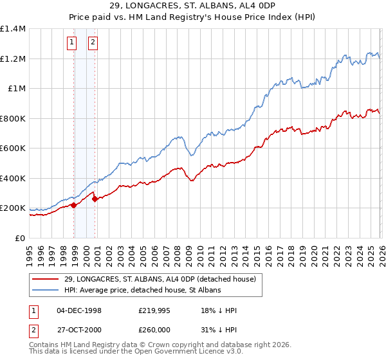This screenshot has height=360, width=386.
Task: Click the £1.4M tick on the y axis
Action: pyautogui.click(x=13, y=29)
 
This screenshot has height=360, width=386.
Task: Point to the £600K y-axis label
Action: pyautogui.click(x=13, y=148)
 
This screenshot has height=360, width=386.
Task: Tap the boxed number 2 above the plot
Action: pyautogui.click(x=93, y=43)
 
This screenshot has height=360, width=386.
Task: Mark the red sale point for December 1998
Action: pyautogui.click(x=74, y=205)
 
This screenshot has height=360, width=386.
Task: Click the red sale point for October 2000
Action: pyautogui.click(x=95, y=199)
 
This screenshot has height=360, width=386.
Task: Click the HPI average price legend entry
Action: pyautogui.click(x=142, y=290)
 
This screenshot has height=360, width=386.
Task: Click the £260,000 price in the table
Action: pyautogui.click(x=155, y=328)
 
